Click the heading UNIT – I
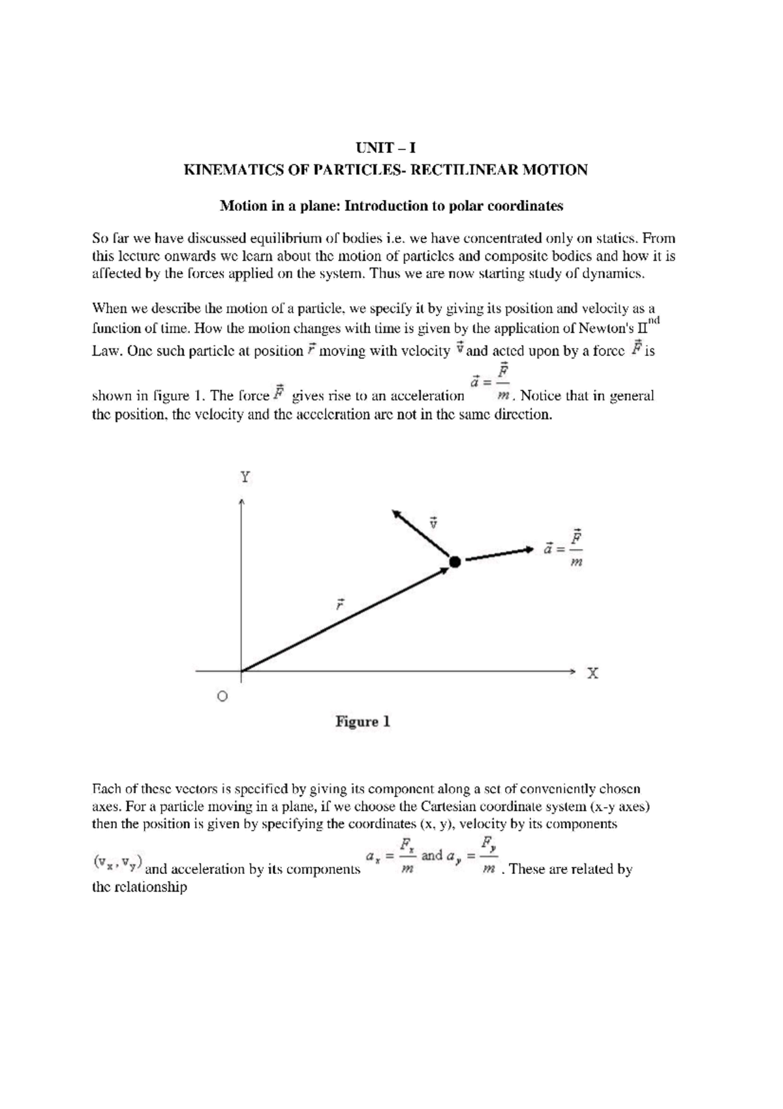pyautogui.click(x=385, y=148)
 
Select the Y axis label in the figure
pyautogui.click(x=245, y=477)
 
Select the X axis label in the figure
pyautogui.click(x=592, y=673)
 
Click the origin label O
pyautogui.click(x=222, y=697)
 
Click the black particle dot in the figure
pyautogui.click(x=455, y=561)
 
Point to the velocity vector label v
pyautogui.click(x=432, y=522)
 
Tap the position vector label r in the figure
pyautogui.click(x=339, y=604)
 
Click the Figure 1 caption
pyautogui.click(x=363, y=722)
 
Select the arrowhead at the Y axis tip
pyautogui.click(x=241, y=502)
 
